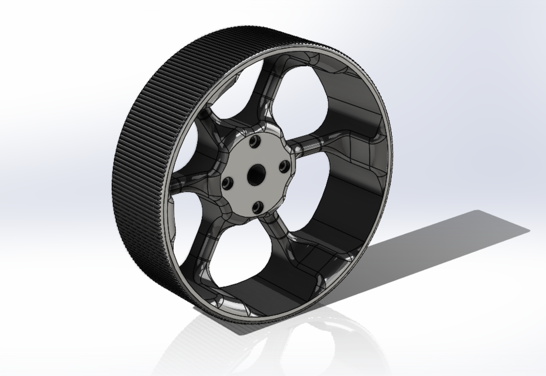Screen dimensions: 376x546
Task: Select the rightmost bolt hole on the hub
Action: [x=284, y=166]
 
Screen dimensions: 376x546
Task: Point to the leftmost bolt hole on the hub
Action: [x=227, y=183]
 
